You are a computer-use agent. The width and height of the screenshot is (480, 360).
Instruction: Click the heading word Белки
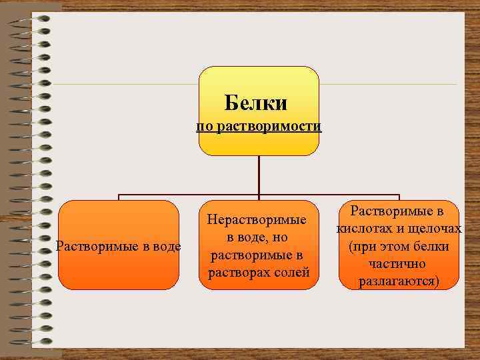256,103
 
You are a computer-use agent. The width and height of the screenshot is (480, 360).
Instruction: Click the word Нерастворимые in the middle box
257,219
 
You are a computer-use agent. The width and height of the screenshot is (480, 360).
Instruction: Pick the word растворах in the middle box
239,273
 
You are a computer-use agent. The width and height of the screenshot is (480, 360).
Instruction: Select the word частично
399,264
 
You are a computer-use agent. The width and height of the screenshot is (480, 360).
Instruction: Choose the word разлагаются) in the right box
399,281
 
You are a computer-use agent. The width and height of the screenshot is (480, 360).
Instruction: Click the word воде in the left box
167,246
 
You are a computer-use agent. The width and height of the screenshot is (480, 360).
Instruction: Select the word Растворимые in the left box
97,246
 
